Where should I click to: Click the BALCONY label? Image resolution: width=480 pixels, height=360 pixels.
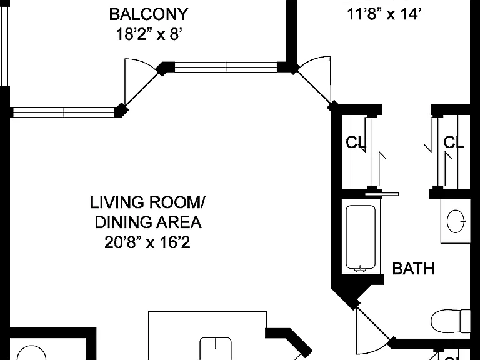click(149, 14)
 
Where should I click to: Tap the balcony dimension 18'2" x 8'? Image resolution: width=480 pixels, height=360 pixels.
click(149, 34)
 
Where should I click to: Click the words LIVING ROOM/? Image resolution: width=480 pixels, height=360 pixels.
click(148, 202)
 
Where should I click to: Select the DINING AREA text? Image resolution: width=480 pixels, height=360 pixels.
click(148, 222)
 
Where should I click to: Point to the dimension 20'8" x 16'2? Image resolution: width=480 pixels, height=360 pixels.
click(147, 242)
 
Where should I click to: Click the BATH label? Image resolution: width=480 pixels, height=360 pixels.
click(413, 269)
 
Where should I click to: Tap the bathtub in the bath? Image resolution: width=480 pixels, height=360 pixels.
click(361, 238)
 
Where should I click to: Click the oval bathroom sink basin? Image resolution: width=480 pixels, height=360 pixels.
click(456, 221)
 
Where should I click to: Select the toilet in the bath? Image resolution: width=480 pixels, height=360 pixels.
click(450, 321)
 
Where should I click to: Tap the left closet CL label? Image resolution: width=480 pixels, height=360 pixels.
click(356, 142)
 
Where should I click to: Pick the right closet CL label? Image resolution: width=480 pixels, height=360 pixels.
click(454, 142)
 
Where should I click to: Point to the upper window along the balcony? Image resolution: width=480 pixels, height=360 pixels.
click(226, 67)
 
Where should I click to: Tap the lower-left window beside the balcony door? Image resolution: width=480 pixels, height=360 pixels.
click(64, 112)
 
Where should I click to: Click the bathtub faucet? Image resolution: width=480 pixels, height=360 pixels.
click(361, 269)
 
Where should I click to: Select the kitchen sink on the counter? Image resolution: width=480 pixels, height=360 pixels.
click(216, 349)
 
